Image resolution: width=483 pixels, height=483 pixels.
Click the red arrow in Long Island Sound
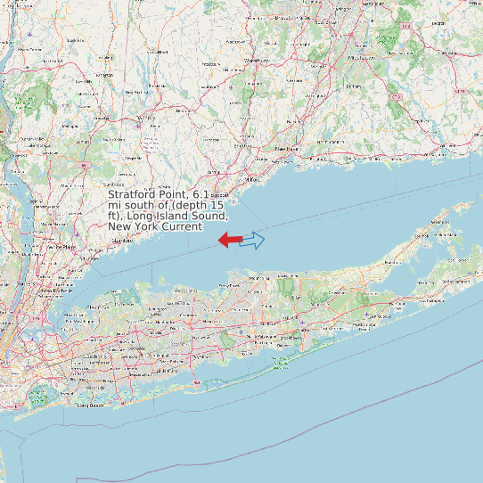[229, 239]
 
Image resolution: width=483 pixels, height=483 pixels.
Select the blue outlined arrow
[253, 240]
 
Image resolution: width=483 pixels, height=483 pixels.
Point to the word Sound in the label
[209, 216]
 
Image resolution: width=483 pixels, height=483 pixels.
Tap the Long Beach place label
[91, 405]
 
